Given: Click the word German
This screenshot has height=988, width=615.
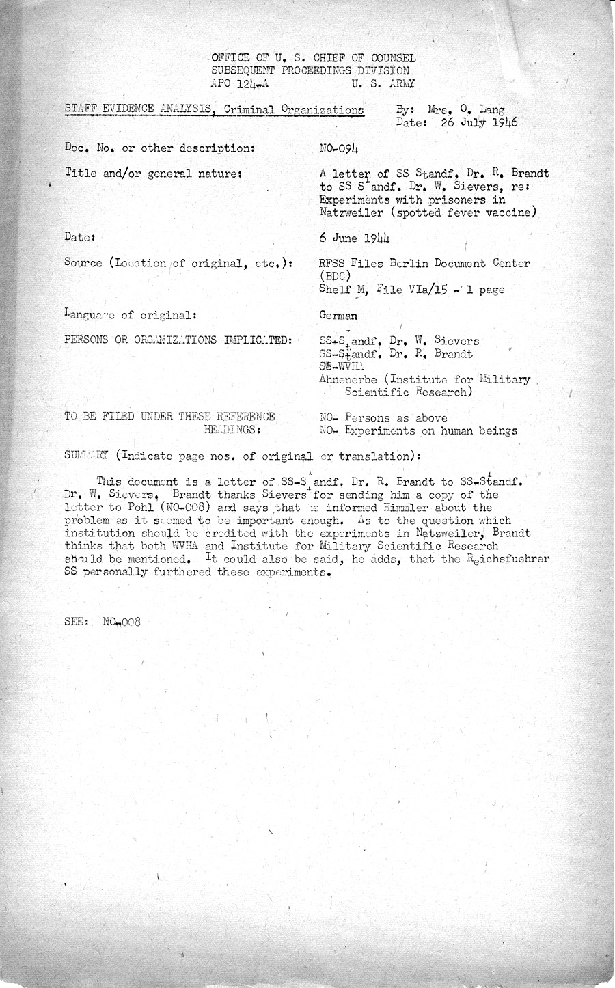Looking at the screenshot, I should pyautogui.click(x=338, y=316).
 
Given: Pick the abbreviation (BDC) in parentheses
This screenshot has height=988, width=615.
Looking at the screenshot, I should pyautogui.click(x=335, y=277).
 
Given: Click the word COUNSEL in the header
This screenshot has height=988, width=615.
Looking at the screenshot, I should pyautogui.click(x=387, y=59).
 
